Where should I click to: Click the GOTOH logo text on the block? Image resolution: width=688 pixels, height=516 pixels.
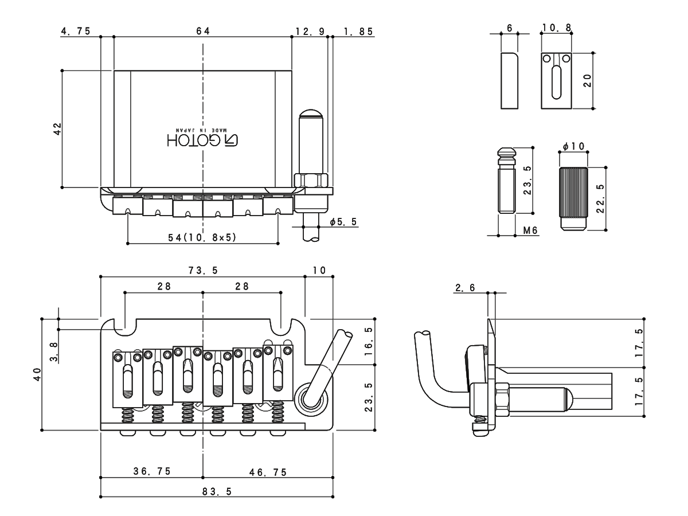(x=203, y=139)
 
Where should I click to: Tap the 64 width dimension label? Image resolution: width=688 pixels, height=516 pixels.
(x=202, y=31)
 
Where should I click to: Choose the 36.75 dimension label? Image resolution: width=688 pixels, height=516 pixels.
(x=151, y=472)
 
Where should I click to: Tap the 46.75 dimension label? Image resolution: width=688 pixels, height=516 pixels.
(x=268, y=472)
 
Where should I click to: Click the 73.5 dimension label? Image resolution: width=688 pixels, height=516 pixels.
(x=202, y=271)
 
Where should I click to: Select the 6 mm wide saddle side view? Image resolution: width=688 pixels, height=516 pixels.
(x=509, y=80)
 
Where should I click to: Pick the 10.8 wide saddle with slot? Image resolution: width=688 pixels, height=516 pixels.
(x=556, y=80)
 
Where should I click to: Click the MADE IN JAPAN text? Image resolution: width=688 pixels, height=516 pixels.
(x=203, y=131)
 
